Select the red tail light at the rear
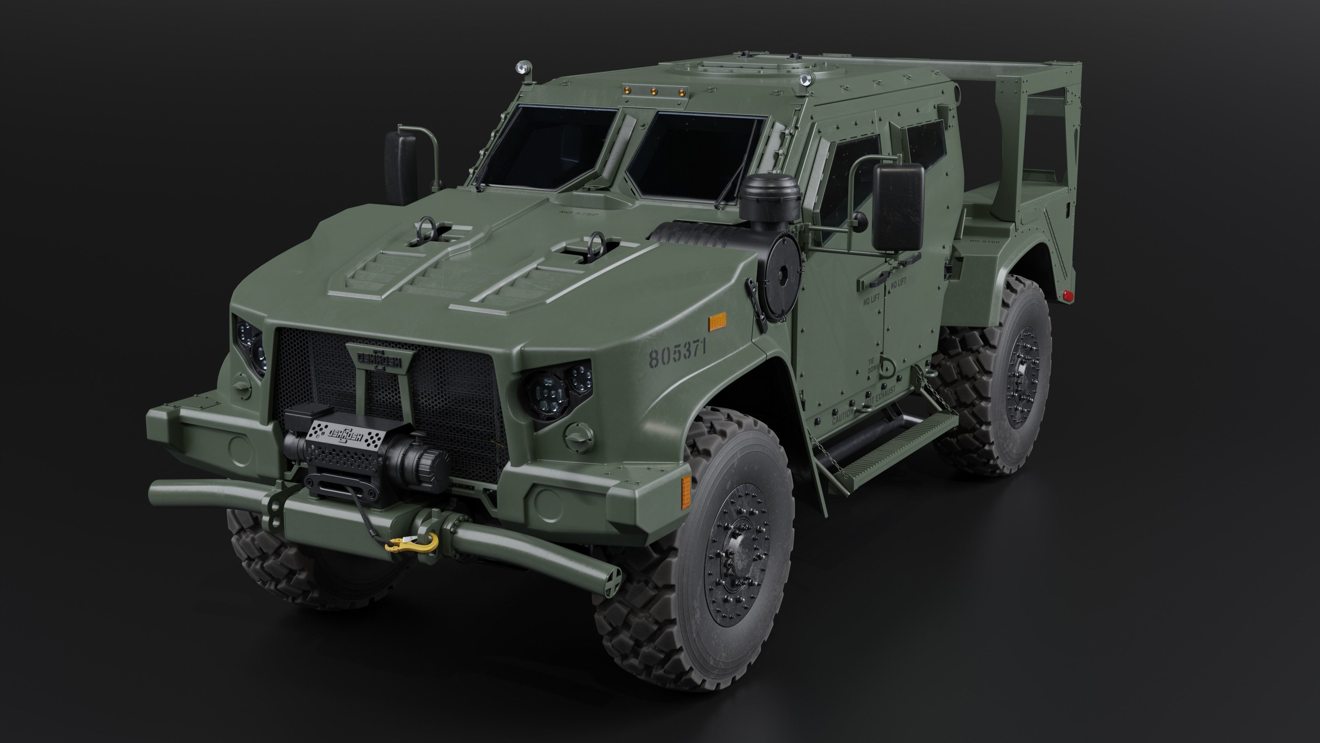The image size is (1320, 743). pyautogui.click(x=1068, y=296)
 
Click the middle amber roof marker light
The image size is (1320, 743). pyautogui.click(x=654, y=92)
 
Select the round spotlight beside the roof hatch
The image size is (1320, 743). pyautogui.click(x=805, y=79)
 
